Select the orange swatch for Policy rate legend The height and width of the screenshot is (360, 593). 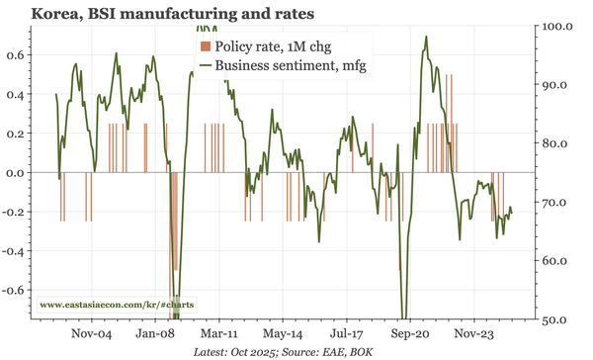click(205, 46)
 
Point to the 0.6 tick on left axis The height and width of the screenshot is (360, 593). click(17, 55)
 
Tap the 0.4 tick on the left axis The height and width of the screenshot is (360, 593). click(17, 95)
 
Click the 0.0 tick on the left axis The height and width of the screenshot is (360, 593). click(17, 173)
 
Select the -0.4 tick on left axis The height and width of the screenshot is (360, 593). click(14, 251)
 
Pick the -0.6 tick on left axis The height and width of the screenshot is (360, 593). click(14, 291)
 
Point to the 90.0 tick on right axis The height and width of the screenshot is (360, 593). click(562, 84)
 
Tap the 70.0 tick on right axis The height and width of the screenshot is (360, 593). click(562, 203)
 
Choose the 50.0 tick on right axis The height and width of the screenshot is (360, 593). click(562, 320)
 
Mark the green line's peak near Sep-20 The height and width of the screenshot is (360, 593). click(426, 38)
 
